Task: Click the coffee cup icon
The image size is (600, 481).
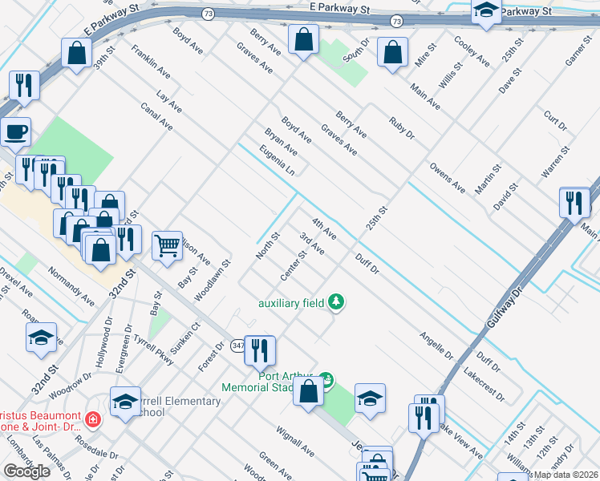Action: (14, 131)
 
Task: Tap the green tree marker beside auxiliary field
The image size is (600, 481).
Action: (339, 302)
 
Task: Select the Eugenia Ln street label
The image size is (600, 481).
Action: (278, 161)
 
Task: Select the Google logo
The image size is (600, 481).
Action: (26, 471)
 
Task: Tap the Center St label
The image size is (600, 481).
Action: (294, 267)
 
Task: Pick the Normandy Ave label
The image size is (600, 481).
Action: (71, 293)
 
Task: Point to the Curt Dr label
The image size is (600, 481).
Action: (555, 122)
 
